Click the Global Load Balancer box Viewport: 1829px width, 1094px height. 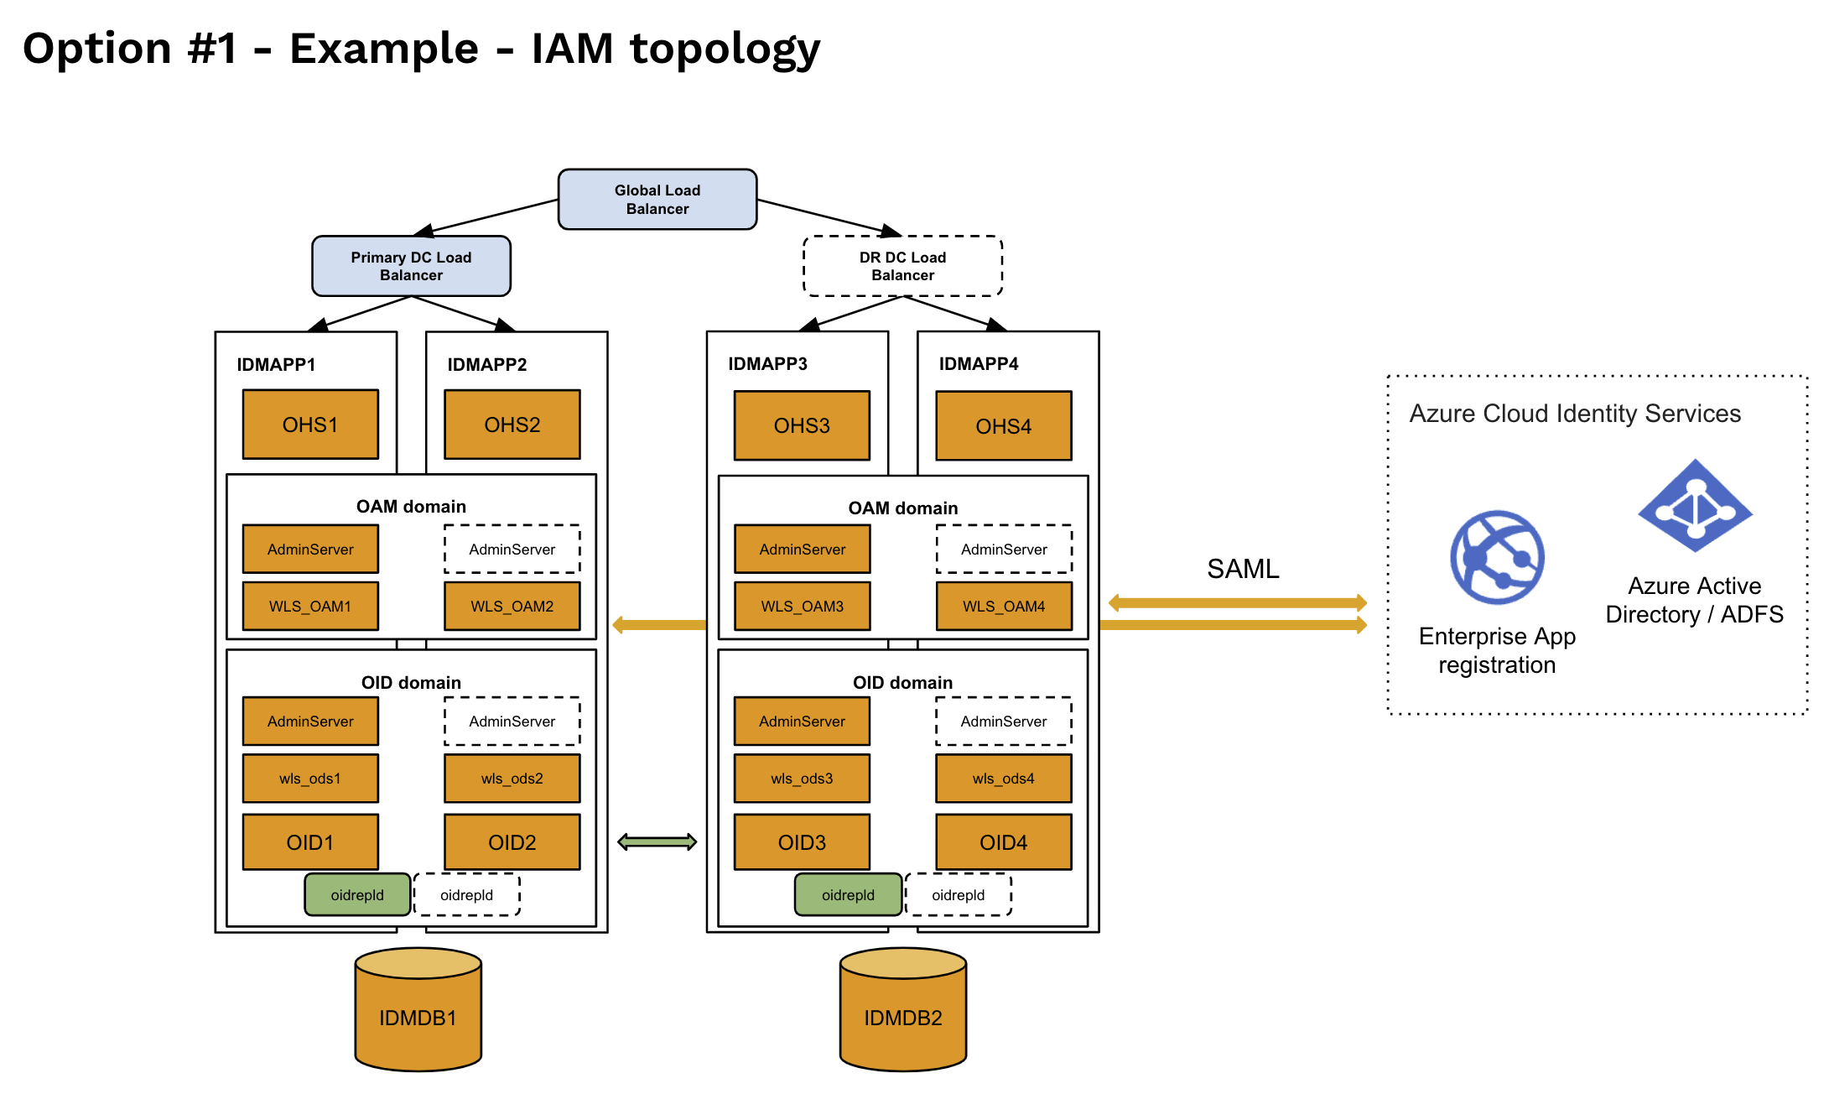pyautogui.click(x=657, y=200)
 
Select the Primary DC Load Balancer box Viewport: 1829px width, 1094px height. pyautogui.click(x=411, y=266)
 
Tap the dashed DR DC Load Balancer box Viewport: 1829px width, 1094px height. pyautogui.click(x=902, y=266)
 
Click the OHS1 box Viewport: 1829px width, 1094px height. pyautogui.click(x=310, y=425)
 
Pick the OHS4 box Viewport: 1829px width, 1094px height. pyautogui.click(x=1003, y=426)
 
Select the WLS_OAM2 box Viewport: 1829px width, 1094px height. pyautogui.click(x=512, y=606)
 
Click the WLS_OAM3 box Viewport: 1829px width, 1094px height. pyautogui.click(x=802, y=606)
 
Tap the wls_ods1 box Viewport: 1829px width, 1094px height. pyautogui.click(x=310, y=779)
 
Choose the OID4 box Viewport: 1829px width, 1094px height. pyautogui.click(x=1003, y=842)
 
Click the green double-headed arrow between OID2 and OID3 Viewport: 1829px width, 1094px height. pyautogui.click(x=657, y=841)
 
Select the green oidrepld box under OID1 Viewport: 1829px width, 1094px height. pyautogui.click(x=357, y=894)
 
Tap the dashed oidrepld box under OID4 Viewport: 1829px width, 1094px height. pyautogui.click(x=958, y=894)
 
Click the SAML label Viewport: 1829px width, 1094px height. pyautogui.click(x=1243, y=569)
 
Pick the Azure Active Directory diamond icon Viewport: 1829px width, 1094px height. pyautogui.click(x=1695, y=506)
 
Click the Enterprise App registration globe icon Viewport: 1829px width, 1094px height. pyautogui.click(x=1497, y=557)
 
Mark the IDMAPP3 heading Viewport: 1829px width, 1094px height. pyautogui.click(x=767, y=363)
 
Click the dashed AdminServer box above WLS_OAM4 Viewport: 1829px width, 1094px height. pyautogui.click(x=1003, y=550)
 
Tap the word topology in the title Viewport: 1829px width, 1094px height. pyautogui.click(x=725, y=49)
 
